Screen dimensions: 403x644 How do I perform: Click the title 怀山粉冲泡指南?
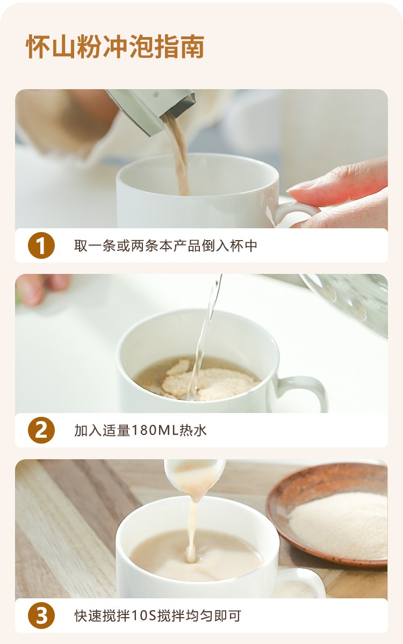(x=115, y=46)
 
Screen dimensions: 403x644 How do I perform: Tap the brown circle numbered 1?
(x=41, y=245)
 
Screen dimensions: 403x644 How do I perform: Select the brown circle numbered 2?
(x=41, y=430)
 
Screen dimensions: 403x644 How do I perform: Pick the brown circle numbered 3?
(x=41, y=616)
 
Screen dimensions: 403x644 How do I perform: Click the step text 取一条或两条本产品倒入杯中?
(x=165, y=245)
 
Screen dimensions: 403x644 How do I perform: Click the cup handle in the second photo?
(x=304, y=390)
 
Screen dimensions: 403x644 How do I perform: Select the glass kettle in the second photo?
(x=349, y=300)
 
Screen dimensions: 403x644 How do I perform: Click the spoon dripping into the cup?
(x=195, y=476)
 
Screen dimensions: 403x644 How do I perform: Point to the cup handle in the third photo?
(x=305, y=579)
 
